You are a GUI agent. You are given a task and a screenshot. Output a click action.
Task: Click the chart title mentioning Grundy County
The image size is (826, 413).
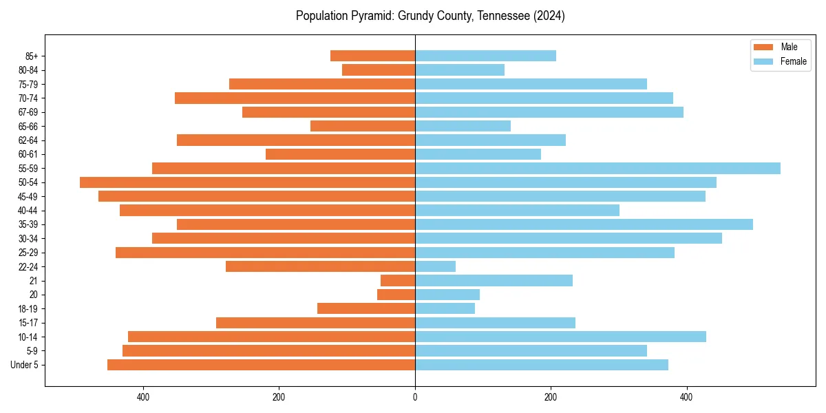430,16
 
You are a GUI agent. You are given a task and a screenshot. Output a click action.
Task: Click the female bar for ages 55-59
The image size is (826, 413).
597,168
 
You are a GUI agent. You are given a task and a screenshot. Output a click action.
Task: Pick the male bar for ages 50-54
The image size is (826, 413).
247,182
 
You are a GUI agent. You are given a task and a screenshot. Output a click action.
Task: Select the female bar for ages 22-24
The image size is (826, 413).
435,266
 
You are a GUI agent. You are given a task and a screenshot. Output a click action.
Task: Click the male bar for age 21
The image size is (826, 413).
398,281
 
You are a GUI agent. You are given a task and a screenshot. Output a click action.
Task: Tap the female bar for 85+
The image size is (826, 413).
485,56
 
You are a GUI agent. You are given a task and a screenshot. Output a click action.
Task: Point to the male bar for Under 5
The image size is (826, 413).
261,365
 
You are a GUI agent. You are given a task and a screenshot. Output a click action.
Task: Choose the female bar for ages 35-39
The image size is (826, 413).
584,224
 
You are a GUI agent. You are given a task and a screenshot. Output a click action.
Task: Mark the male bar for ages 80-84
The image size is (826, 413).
379,70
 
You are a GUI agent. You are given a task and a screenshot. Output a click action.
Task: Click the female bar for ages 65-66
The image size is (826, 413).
463,126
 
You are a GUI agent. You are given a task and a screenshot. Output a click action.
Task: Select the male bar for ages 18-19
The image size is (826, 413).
366,308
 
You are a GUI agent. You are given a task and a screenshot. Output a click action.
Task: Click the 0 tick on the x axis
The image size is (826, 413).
415,397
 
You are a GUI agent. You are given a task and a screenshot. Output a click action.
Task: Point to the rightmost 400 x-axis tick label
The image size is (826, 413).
686,397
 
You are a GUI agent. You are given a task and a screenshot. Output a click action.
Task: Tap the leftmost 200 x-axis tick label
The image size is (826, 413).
279,397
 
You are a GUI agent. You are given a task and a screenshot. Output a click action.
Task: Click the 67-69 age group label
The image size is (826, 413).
28,112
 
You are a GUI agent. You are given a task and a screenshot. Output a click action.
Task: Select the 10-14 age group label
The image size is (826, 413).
28,337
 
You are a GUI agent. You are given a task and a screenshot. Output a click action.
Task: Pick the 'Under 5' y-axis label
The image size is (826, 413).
25,365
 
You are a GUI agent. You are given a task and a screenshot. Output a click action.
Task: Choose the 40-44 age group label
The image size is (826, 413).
28,211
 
